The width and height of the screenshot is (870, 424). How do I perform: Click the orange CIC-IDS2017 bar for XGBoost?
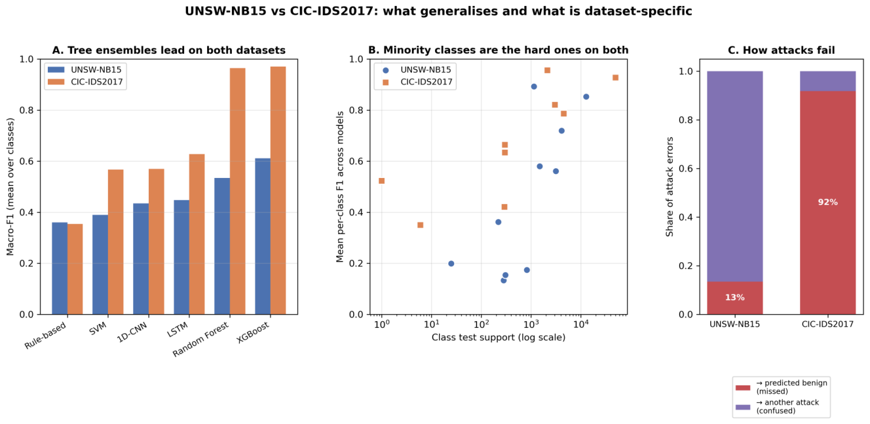[278, 190]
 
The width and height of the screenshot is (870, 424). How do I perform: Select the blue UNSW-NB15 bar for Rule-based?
[60, 268]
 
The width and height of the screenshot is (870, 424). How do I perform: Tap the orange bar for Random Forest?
[238, 191]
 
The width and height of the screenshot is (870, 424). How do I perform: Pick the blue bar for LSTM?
[181, 257]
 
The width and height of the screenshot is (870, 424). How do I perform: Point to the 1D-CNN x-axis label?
[132, 332]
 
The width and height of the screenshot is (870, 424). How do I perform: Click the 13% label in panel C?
[735, 298]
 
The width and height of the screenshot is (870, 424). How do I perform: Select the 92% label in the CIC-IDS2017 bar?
[827, 202]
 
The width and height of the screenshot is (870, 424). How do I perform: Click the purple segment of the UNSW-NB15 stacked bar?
[735, 176]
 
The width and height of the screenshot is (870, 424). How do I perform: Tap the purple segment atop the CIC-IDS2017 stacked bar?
[827, 81]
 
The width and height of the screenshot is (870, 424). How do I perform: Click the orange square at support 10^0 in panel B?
[382, 181]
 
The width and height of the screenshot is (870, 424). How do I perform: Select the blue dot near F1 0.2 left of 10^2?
[451, 264]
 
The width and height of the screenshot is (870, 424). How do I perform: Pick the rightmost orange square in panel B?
[616, 78]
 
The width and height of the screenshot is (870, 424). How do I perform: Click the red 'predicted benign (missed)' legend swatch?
[743, 387]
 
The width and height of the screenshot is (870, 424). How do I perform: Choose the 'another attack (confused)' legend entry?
[781, 406]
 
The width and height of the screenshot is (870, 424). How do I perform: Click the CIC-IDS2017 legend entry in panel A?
[85, 82]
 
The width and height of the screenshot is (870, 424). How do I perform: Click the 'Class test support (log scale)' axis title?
[499, 338]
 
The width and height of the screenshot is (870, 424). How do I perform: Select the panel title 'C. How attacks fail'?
[781, 50]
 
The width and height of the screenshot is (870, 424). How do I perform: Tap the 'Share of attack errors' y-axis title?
[669, 186]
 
